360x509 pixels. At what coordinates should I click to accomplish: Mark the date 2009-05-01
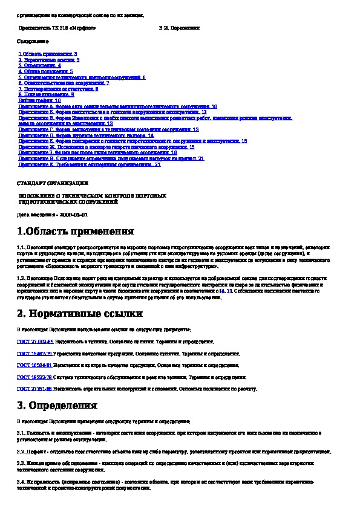pos(73,215)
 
